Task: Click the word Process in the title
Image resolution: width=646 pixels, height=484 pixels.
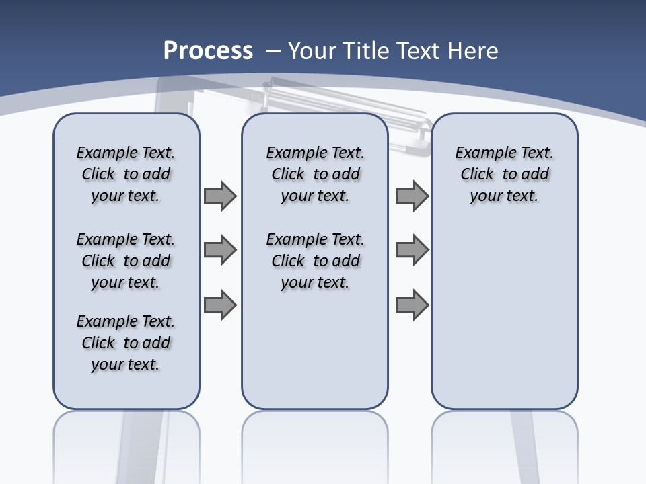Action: pyautogui.click(x=208, y=50)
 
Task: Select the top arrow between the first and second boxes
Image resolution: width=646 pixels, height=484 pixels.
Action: pyautogui.click(x=220, y=196)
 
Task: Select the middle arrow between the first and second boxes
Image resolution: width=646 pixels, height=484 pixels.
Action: pyautogui.click(x=220, y=250)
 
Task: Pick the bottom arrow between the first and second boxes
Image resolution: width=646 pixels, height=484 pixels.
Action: pyautogui.click(x=220, y=305)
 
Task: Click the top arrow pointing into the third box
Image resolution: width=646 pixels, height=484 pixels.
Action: pyautogui.click(x=412, y=196)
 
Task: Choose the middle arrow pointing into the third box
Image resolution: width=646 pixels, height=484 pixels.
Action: pyautogui.click(x=412, y=250)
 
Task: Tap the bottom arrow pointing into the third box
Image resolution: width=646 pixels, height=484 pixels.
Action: pyautogui.click(x=412, y=305)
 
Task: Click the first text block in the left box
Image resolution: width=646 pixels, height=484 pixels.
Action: pyautogui.click(x=126, y=174)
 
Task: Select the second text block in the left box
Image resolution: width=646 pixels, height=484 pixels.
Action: pyautogui.click(x=126, y=261)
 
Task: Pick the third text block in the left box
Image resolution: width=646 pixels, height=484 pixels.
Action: pyautogui.click(x=126, y=343)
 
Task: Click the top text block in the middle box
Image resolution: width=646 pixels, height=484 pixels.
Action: pyautogui.click(x=315, y=174)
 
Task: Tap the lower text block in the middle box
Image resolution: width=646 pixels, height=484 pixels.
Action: pyautogui.click(x=315, y=261)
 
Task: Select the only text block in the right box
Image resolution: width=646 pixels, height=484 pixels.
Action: pyautogui.click(x=504, y=174)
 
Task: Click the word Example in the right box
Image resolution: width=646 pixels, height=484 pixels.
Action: pyautogui.click(x=481, y=153)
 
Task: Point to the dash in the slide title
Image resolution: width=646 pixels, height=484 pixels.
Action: pyautogui.click(x=273, y=50)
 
